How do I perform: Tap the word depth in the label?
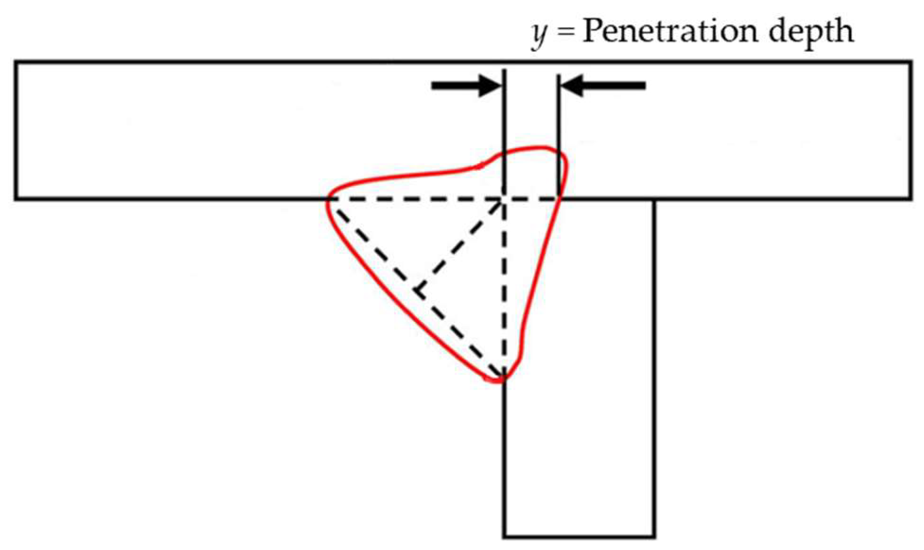(809, 33)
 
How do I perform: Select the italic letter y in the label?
(539, 35)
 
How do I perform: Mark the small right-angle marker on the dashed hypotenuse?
(419, 290)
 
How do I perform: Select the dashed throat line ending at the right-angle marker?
(460, 245)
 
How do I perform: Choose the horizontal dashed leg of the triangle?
(417, 199)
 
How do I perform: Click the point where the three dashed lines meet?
(503, 199)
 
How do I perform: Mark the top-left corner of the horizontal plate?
(16, 62)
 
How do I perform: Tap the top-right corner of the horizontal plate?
(911, 62)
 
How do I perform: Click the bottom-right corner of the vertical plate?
(654, 537)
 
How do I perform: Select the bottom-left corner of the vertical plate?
(504, 537)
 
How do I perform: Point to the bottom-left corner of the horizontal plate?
(16, 199)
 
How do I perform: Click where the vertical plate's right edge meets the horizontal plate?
(654, 199)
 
